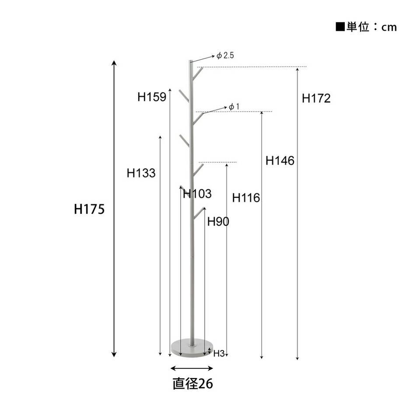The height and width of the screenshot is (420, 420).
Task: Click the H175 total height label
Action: pyautogui.click(x=89, y=209)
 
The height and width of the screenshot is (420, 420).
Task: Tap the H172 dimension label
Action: pyautogui.click(x=316, y=98)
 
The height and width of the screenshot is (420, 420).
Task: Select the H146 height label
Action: pyautogui.click(x=280, y=161)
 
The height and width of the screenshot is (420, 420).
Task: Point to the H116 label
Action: pyautogui.click(x=246, y=198)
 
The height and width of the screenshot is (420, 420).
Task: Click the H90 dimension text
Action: pyautogui.click(x=218, y=221)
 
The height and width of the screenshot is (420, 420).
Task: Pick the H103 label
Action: pyautogui.click(x=197, y=194)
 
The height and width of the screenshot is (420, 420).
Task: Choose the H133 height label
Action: pyautogui.click(x=141, y=173)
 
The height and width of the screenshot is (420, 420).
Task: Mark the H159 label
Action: pyautogui.click(x=152, y=97)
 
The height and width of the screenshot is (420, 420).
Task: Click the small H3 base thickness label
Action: pyautogui.click(x=219, y=353)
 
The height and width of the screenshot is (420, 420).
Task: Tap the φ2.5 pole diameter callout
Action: pyautogui.click(x=225, y=56)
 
